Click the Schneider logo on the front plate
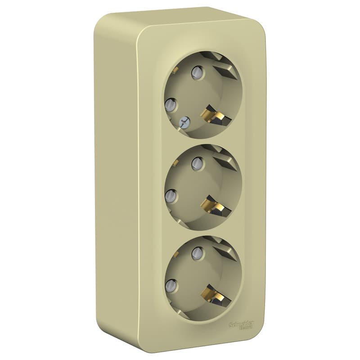[242, 324]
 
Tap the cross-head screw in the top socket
[183, 121]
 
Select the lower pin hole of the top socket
[170, 105]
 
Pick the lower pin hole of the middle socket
[170, 195]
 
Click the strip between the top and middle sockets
[202, 139]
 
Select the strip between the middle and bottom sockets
[202, 230]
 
